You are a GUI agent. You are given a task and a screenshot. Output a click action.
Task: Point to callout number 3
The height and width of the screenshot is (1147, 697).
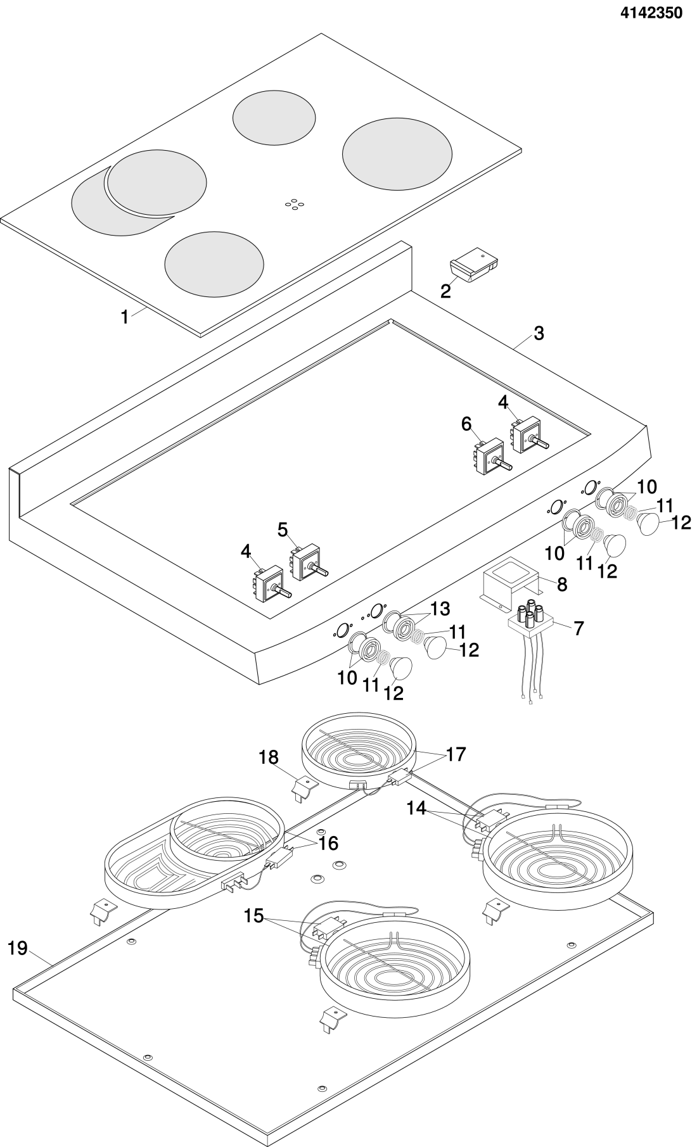pyautogui.click(x=539, y=333)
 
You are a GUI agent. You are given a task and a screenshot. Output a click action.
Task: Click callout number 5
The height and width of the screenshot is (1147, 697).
pyautogui.click(x=283, y=529)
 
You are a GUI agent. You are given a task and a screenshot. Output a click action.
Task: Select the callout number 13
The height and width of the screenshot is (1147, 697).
pyautogui.click(x=439, y=609)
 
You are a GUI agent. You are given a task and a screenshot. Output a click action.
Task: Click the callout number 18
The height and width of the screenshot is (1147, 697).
pyautogui.click(x=269, y=757)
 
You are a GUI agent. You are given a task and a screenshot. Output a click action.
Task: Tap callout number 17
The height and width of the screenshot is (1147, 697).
pyautogui.click(x=455, y=754)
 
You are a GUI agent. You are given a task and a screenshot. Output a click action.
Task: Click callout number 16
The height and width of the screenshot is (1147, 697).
pyautogui.click(x=328, y=843)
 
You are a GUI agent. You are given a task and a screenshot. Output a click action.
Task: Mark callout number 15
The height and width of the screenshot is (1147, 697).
pyautogui.click(x=253, y=916)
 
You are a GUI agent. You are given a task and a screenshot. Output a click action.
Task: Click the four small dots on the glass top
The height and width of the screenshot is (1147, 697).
pyautogui.click(x=295, y=203)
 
